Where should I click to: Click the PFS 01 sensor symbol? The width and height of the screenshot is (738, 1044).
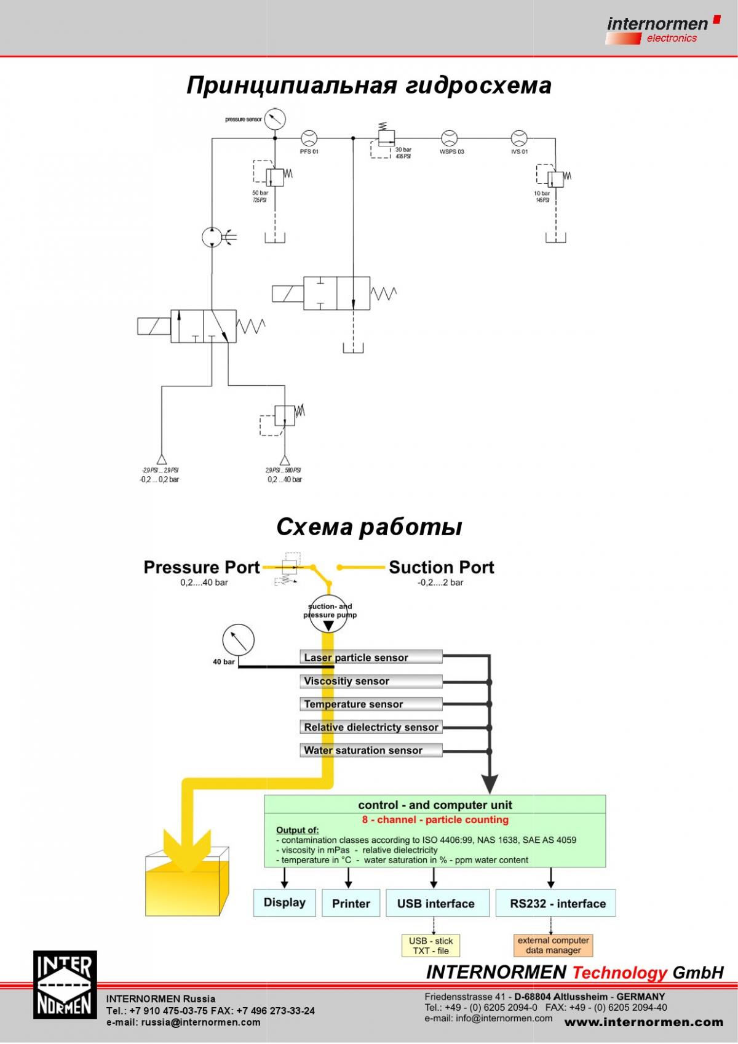pyautogui.click(x=308, y=138)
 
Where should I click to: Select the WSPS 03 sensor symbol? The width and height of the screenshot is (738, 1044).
pyautogui.click(x=450, y=138)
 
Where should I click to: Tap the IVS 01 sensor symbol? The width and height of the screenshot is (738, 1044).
pyautogui.click(x=519, y=138)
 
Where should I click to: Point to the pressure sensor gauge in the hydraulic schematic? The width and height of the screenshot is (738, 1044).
pyautogui.click(x=274, y=118)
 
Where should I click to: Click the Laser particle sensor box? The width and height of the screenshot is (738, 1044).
pyautogui.click(x=371, y=657)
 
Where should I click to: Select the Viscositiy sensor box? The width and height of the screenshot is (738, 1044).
pyautogui.click(x=371, y=681)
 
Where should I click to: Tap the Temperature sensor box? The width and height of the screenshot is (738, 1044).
pyautogui.click(x=371, y=704)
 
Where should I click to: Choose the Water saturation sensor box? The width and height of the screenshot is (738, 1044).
pyautogui.click(x=371, y=750)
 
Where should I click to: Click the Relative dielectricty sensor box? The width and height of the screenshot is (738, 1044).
pyautogui.click(x=371, y=727)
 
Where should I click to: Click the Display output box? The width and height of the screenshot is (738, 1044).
pyautogui.click(x=284, y=903)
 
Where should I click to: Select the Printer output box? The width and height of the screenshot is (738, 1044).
pyautogui.click(x=351, y=903)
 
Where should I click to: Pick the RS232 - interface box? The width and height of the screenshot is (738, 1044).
pyautogui.click(x=555, y=903)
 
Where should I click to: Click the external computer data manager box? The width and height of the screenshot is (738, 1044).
pyautogui.click(x=553, y=945)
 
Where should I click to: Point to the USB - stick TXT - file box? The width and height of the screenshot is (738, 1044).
pyautogui.click(x=430, y=946)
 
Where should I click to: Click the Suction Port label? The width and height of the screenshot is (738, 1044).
pyautogui.click(x=441, y=567)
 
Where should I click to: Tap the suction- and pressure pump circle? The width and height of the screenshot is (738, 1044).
pyautogui.click(x=328, y=613)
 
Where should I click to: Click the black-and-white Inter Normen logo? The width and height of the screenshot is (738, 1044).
pyautogui.click(x=65, y=984)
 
